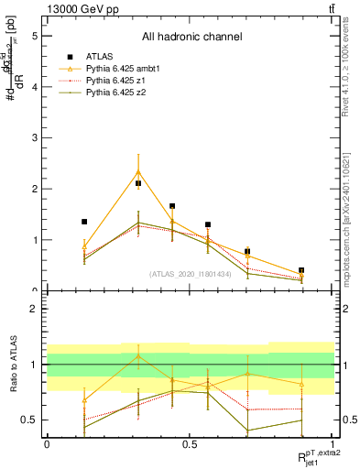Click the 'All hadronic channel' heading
pos(191,38)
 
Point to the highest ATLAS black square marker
pos(138,183)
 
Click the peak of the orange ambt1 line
pos(138,171)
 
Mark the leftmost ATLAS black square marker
pos(84,222)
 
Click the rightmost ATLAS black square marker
pos(301,271)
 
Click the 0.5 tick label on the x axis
pos(190,444)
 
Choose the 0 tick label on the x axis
pos(47,444)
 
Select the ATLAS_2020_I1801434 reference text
pos(190,273)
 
